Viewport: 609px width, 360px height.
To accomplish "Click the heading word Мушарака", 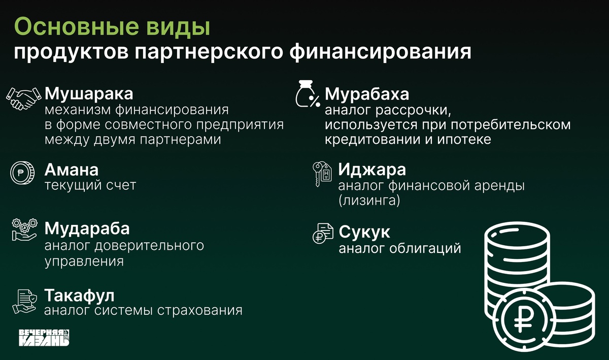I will [x=89, y=94].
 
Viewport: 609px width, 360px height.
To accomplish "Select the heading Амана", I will [x=71, y=169].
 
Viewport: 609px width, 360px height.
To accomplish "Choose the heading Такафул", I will [x=79, y=295].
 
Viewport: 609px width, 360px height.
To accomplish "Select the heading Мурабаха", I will [x=366, y=94].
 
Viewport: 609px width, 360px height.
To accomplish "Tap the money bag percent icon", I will [x=307, y=94].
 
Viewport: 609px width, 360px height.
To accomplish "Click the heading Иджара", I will [x=372, y=169].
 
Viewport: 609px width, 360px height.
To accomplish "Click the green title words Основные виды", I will [x=112, y=27].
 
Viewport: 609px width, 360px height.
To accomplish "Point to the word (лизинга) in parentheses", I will [x=369, y=201].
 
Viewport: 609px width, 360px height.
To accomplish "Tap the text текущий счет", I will [x=90, y=185].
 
